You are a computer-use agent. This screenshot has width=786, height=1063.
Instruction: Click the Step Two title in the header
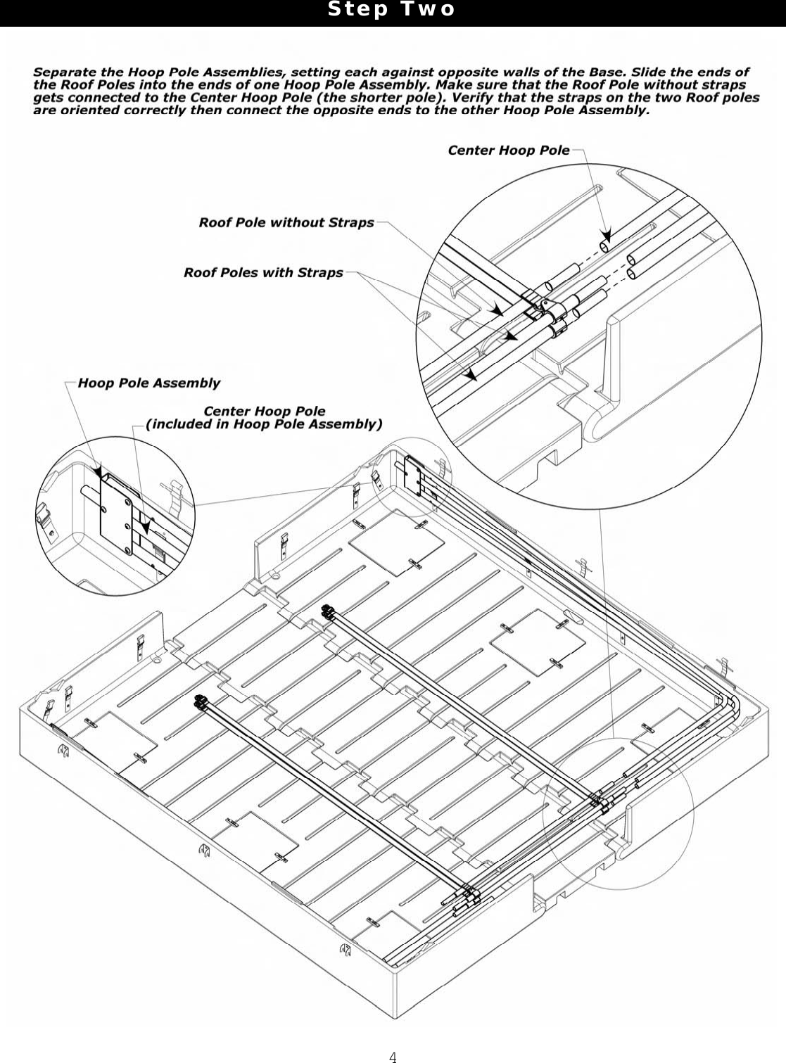pos(392,10)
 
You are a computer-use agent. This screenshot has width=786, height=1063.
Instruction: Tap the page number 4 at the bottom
pos(393,1056)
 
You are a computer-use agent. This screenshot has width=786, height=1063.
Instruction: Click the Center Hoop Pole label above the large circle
pos(508,150)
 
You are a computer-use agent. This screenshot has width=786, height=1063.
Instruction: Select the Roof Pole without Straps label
pos(286,222)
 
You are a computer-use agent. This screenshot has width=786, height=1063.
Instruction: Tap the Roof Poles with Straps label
pos(263,272)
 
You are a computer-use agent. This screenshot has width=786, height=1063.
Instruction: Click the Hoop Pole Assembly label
pos(148,383)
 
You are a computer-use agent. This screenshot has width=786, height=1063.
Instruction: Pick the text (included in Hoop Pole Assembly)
pos(264,424)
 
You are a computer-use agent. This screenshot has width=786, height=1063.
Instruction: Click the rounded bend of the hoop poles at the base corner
pos(729,707)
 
